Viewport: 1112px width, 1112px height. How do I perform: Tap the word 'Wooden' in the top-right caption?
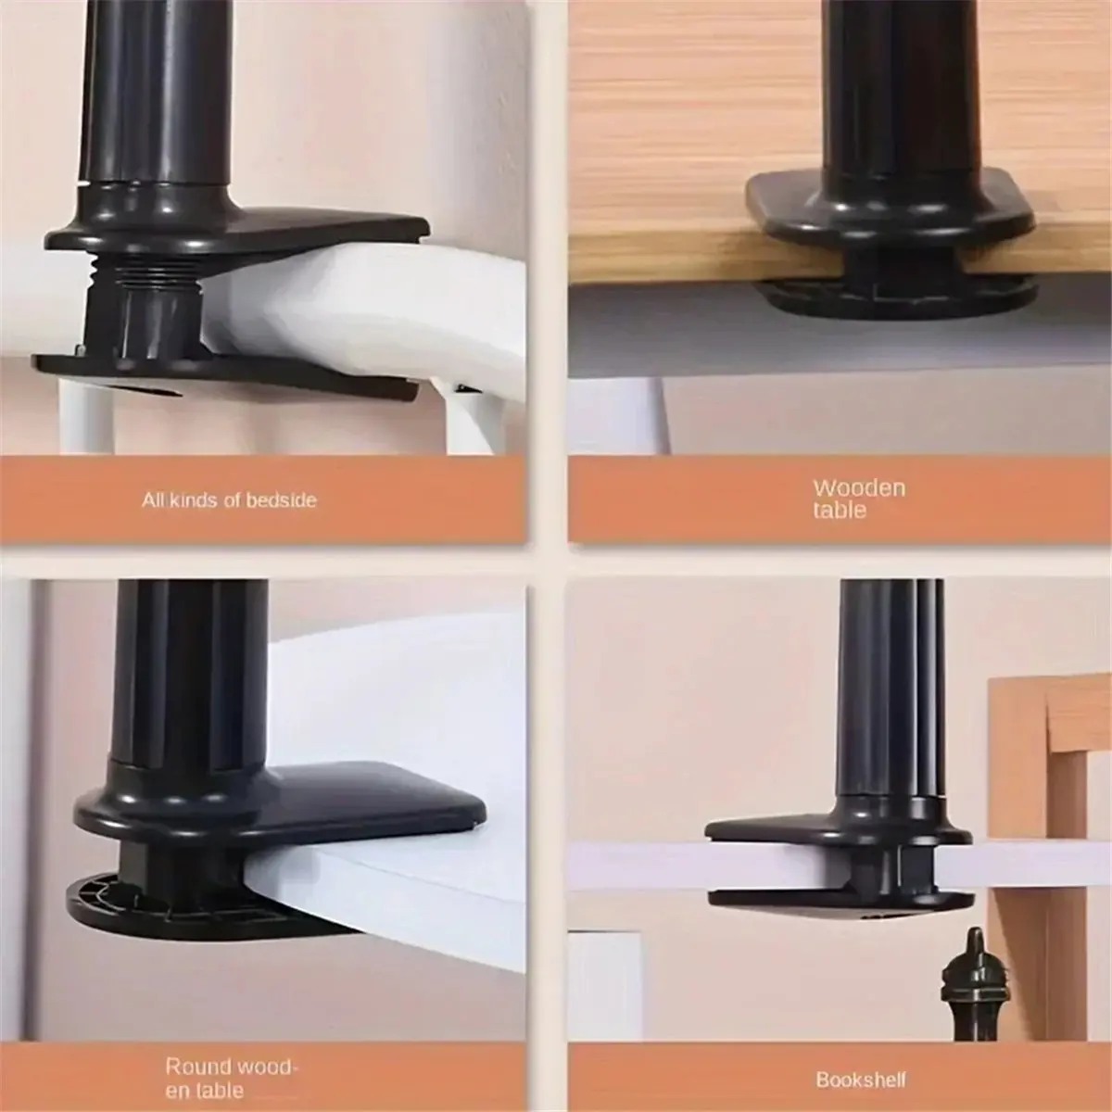[858, 487]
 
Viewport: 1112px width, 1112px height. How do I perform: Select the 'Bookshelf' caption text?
[861, 1054]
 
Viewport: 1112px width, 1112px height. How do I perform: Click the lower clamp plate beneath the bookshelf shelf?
[834, 897]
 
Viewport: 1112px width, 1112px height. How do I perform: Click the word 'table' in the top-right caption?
[840, 511]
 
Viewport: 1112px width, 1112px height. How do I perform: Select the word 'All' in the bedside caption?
[153, 500]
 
